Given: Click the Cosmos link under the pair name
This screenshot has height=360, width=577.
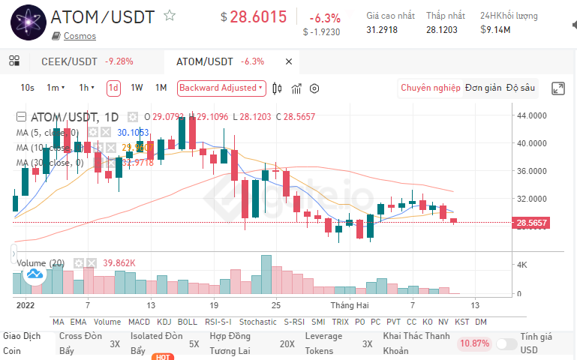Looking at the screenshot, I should pyautogui.click(x=80, y=36).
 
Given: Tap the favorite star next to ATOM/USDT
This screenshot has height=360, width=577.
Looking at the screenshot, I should pyautogui.click(x=170, y=15).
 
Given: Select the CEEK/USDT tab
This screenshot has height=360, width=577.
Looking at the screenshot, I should pyautogui.click(x=69, y=61).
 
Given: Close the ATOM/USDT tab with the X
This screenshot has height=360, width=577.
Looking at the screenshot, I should pyautogui.click(x=289, y=61).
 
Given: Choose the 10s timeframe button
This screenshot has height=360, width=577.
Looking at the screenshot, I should pyautogui.click(x=27, y=88).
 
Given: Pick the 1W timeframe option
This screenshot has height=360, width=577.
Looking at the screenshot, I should pyautogui.click(x=137, y=88).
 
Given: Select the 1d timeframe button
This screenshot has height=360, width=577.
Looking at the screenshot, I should pyautogui.click(x=113, y=88).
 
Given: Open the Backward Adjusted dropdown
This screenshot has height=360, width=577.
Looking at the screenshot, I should pyautogui.click(x=221, y=88).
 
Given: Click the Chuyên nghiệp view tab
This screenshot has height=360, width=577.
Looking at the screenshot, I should pyautogui.click(x=431, y=88).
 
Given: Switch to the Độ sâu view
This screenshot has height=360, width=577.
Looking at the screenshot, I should pyautogui.click(x=521, y=88).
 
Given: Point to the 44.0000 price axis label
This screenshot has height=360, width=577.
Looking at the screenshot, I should pyautogui.click(x=531, y=115).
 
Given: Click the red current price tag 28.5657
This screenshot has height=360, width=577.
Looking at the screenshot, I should pyautogui.click(x=532, y=223).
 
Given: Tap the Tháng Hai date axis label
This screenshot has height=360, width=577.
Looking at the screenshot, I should pyautogui.click(x=350, y=306).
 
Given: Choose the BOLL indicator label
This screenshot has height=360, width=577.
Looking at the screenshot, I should pyautogui.click(x=188, y=322).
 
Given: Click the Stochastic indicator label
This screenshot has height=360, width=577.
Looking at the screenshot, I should pyautogui.click(x=257, y=322).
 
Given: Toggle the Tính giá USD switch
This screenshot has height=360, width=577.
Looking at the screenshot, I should pyautogui.click(x=506, y=343).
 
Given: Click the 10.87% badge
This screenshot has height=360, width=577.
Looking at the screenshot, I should pyautogui.click(x=474, y=343).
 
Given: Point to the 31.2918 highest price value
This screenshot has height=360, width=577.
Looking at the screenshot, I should pyautogui.click(x=382, y=30).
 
